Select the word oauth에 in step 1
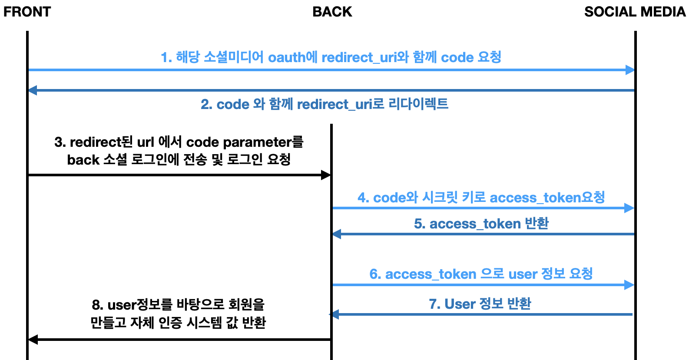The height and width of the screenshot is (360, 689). coord(293,57)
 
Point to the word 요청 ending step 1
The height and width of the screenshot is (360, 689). coord(490,57)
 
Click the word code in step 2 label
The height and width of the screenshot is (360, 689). coord(233,104)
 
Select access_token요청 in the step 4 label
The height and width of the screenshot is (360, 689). coord(547,198)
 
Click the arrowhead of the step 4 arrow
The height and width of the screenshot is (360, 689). coord(629,208)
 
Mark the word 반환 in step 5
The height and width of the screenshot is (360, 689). coord(537,223)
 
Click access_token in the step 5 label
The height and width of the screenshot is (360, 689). coord(475,224)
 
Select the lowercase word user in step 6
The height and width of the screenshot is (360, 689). coord(523,274)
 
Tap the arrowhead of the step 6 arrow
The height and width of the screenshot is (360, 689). coord(629,285)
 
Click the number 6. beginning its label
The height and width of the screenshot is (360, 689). coord(375,274)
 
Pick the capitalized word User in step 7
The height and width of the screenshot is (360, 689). coord(460,304)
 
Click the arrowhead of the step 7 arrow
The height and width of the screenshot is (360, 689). coord(335,314)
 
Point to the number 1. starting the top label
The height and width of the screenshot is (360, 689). coord(166,57)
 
